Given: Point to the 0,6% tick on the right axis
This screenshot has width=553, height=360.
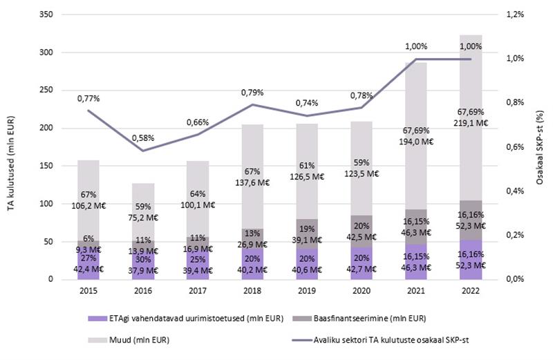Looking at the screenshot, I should coord(517,147).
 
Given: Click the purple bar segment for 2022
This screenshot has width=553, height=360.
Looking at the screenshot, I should coord(470,260).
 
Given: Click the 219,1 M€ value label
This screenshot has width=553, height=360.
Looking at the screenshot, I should coord(471,122).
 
